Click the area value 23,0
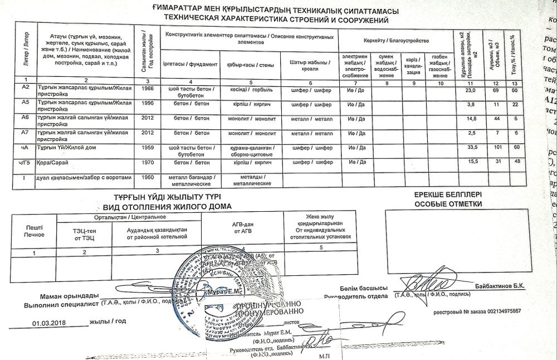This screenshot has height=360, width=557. tap(471, 90)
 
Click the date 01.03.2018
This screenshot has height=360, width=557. tap(49, 322)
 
